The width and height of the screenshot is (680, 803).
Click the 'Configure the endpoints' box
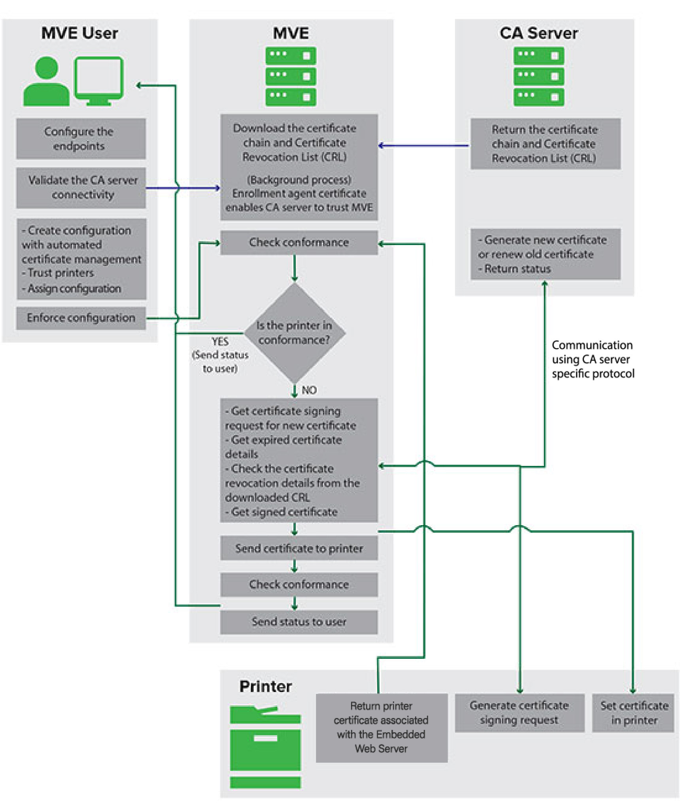click(x=81, y=138)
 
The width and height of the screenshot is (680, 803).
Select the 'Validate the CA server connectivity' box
click(x=81, y=187)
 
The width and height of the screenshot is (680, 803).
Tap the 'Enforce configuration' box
click(x=81, y=318)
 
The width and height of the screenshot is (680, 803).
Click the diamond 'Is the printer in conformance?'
click(x=294, y=333)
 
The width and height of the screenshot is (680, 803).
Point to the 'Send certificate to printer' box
click(x=298, y=548)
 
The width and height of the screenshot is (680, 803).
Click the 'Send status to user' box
click(x=298, y=622)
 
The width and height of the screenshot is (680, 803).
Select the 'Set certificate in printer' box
click(x=633, y=713)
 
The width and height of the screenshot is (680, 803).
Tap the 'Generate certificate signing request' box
click(x=519, y=713)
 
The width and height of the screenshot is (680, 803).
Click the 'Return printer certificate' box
click(x=381, y=728)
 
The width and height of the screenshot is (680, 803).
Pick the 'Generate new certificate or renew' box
click(x=545, y=254)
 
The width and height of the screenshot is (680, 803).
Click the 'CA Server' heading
click(x=538, y=33)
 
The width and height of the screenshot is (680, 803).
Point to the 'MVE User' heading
click(x=79, y=33)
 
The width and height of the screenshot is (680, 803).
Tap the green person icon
click(x=46, y=82)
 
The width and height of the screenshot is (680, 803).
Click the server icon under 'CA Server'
click(x=538, y=76)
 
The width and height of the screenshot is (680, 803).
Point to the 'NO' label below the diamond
click(x=309, y=390)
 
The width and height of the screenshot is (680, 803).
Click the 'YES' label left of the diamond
click(x=220, y=341)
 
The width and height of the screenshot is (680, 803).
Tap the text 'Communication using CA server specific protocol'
click(x=592, y=359)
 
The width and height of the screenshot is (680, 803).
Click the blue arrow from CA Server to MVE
click(x=423, y=145)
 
